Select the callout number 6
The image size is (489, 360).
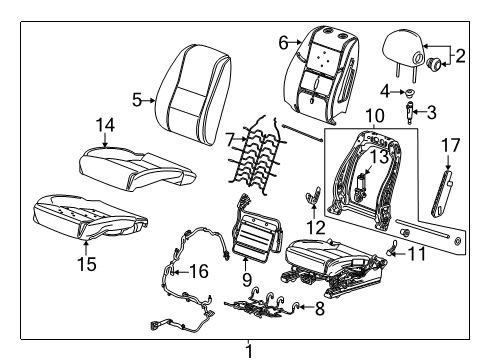[283, 42]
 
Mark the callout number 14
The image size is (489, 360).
[105, 124]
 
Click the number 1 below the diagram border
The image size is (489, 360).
[249, 350]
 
